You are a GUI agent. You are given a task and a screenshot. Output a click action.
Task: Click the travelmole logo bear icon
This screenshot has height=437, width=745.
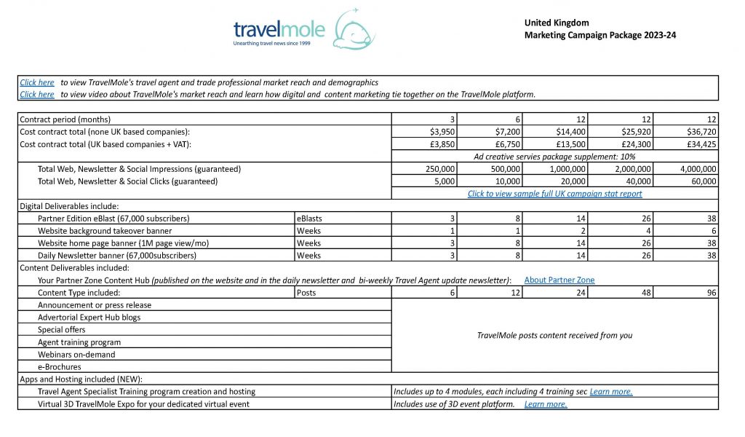pos(355,31)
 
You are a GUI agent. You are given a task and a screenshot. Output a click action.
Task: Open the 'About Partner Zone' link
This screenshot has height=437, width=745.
pos(559,280)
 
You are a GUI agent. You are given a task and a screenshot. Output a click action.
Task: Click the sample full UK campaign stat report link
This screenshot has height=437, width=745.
pos(554,194)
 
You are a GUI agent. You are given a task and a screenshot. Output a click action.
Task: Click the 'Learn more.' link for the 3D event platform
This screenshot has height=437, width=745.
pos(546,404)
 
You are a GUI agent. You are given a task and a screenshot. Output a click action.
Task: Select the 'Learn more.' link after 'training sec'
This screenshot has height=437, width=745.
pos(611,392)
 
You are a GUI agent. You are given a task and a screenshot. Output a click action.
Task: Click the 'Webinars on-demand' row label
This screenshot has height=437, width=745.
pos(76,355)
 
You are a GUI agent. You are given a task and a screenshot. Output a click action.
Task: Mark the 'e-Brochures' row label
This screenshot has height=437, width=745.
pos(60,367)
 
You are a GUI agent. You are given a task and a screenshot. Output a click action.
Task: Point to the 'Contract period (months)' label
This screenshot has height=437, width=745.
pos(65,119)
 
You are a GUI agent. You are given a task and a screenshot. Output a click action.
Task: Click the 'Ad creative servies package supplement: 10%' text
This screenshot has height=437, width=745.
pos(554,157)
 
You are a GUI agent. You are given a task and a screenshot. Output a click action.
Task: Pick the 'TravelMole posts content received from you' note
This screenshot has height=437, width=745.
pos(554,336)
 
